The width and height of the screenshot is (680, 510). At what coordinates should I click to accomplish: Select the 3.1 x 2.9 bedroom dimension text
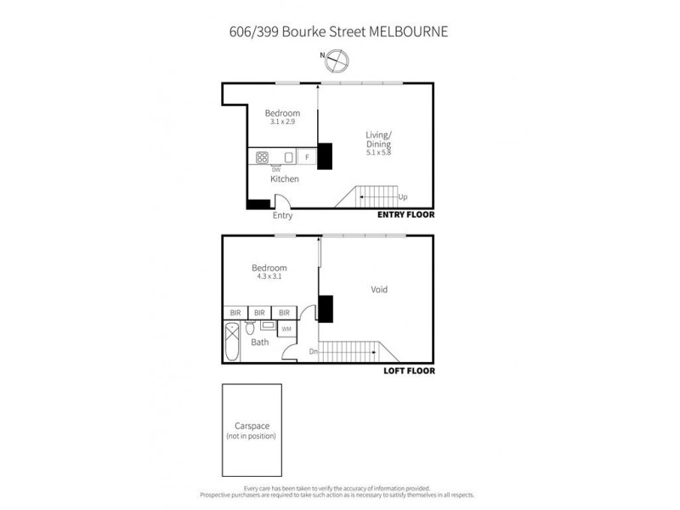[282, 122]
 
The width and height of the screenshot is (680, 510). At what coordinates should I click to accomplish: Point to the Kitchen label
[284, 179]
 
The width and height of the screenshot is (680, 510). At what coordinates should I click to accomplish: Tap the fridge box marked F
[307, 157]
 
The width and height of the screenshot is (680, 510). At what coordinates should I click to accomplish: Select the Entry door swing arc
[283, 201]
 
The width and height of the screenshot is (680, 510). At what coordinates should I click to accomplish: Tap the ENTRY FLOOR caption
[405, 216]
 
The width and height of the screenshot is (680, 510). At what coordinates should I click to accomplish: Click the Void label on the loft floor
[379, 290]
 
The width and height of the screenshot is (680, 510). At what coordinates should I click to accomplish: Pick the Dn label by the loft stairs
[314, 351]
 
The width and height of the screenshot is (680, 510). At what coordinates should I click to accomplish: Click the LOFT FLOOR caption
[408, 371]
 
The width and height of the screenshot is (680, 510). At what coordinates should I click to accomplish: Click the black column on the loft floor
[326, 307]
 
